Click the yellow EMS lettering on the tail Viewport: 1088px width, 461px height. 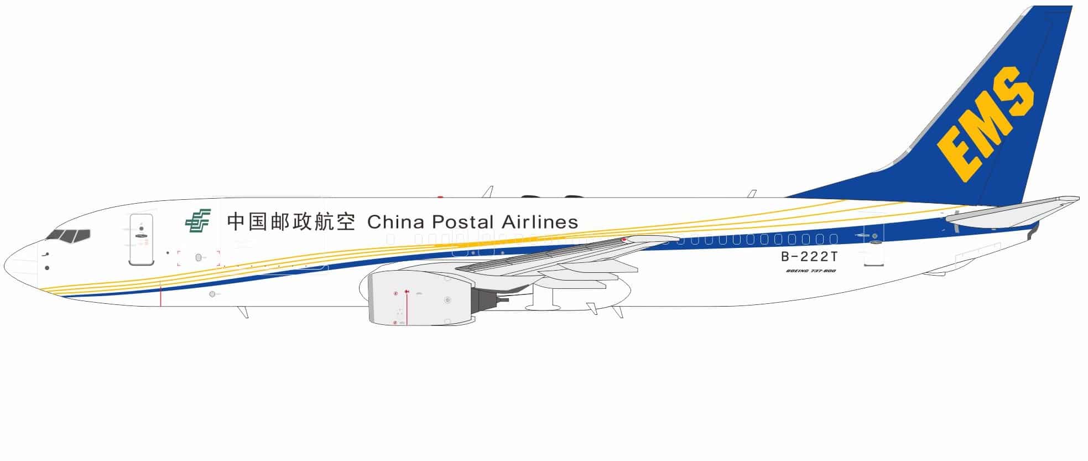(985, 125)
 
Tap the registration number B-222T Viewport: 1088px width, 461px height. (809, 256)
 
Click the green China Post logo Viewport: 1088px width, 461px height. (197, 221)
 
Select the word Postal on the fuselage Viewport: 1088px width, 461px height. (462, 222)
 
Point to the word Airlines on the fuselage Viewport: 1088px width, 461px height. (540, 222)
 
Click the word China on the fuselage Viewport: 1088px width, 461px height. (395, 222)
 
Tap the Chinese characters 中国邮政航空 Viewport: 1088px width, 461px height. (290, 221)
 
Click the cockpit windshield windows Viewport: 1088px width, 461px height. (69, 236)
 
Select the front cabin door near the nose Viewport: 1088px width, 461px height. (141, 239)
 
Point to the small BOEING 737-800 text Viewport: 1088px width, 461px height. (810, 271)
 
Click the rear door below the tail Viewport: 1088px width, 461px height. (873, 249)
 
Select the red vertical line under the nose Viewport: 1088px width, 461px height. (160, 293)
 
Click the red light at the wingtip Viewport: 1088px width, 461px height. (624, 240)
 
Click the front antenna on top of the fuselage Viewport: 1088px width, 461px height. (487, 191)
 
